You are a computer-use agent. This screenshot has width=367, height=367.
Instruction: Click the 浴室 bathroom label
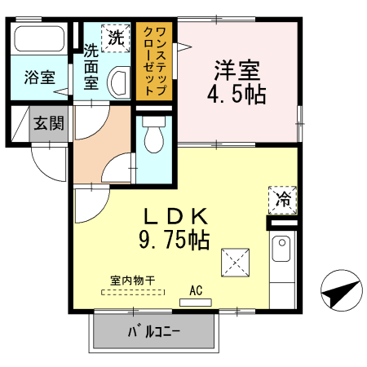pyautogui.click(x=40, y=78)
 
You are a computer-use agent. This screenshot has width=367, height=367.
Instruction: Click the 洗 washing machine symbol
pyautogui.click(x=115, y=37)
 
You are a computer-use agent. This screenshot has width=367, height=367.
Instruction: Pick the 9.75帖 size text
pyautogui.click(x=175, y=240)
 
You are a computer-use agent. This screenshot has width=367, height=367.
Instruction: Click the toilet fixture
pyautogui.click(x=153, y=141)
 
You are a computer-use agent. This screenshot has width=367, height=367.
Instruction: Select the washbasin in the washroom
pyautogui.click(x=118, y=82)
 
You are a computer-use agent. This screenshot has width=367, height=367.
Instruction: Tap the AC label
pyautogui.click(x=196, y=289)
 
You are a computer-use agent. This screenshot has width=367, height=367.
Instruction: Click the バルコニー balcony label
pyautogui.click(x=153, y=333)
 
